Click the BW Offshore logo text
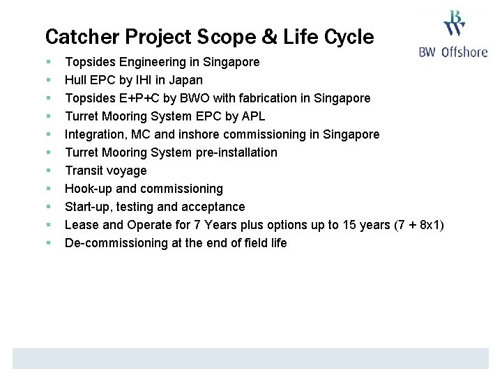453,52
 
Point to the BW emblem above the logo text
455,23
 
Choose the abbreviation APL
252,116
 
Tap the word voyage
128,171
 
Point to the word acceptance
213,207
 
